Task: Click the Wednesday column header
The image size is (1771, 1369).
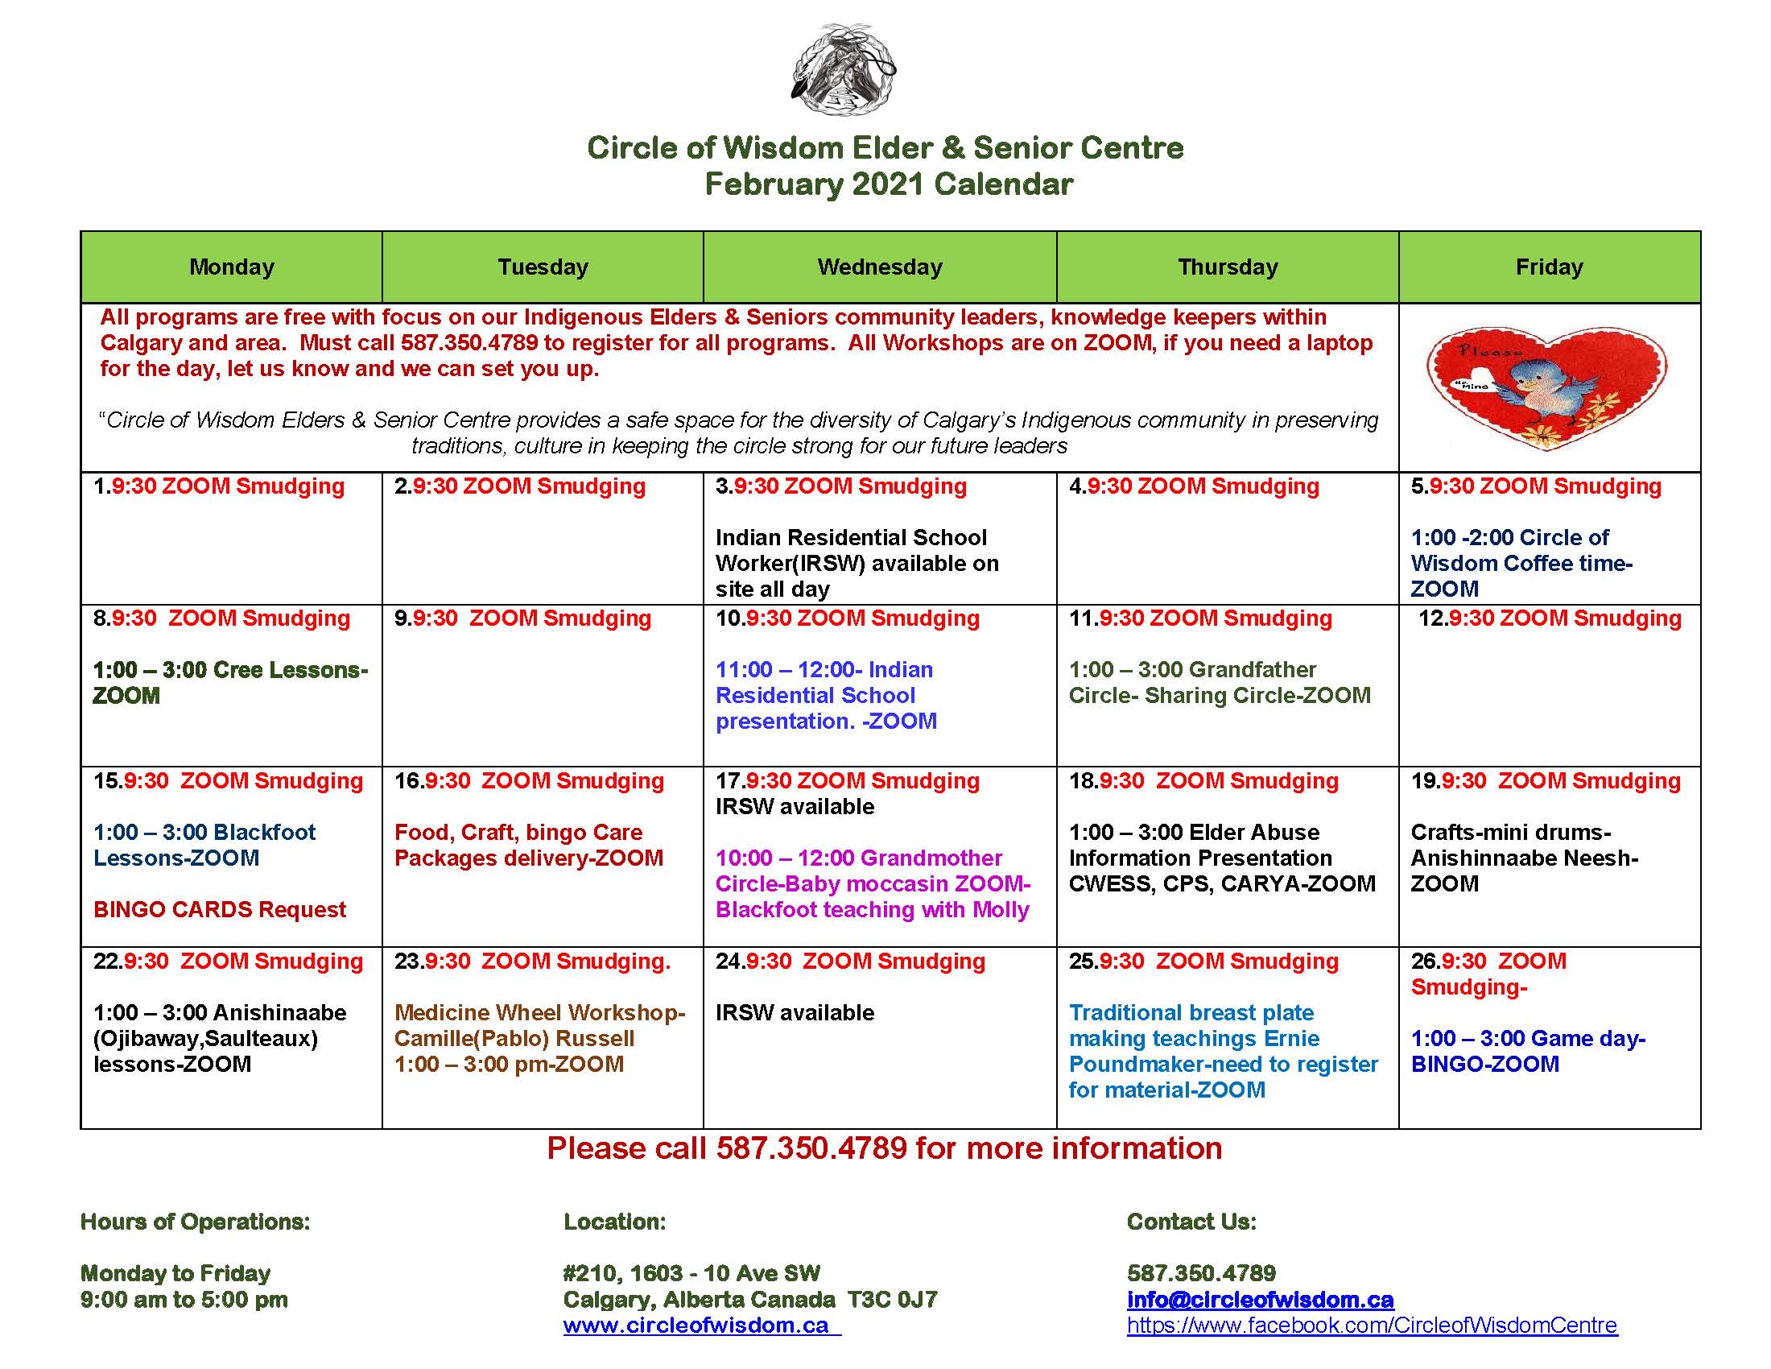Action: click(880, 267)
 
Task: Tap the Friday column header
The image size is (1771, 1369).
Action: click(1549, 267)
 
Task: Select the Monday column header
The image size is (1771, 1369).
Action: click(231, 267)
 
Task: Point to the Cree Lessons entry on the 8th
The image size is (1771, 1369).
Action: click(229, 682)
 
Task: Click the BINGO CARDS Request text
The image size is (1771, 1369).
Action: click(220, 909)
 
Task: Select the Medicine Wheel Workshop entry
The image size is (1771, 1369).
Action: click(539, 1038)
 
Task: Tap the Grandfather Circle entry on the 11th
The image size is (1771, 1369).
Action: click(1220, 682)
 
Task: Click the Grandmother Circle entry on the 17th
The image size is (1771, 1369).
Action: click(873, 883)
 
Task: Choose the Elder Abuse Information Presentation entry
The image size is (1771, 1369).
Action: click(1221, 858)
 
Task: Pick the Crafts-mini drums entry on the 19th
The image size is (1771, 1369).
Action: click(1524, 858)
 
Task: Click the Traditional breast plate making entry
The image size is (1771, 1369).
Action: click(1223, 1051)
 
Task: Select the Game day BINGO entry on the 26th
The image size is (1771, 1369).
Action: click(1528, 1051)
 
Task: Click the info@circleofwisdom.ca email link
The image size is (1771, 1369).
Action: click(1260, 1299)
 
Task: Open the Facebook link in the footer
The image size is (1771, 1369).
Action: click(1372, 1326)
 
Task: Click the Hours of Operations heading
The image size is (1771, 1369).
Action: click(195, 1222)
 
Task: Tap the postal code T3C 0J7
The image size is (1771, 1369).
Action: click(892, 1299)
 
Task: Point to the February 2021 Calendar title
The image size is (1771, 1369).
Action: click(888, 184)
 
